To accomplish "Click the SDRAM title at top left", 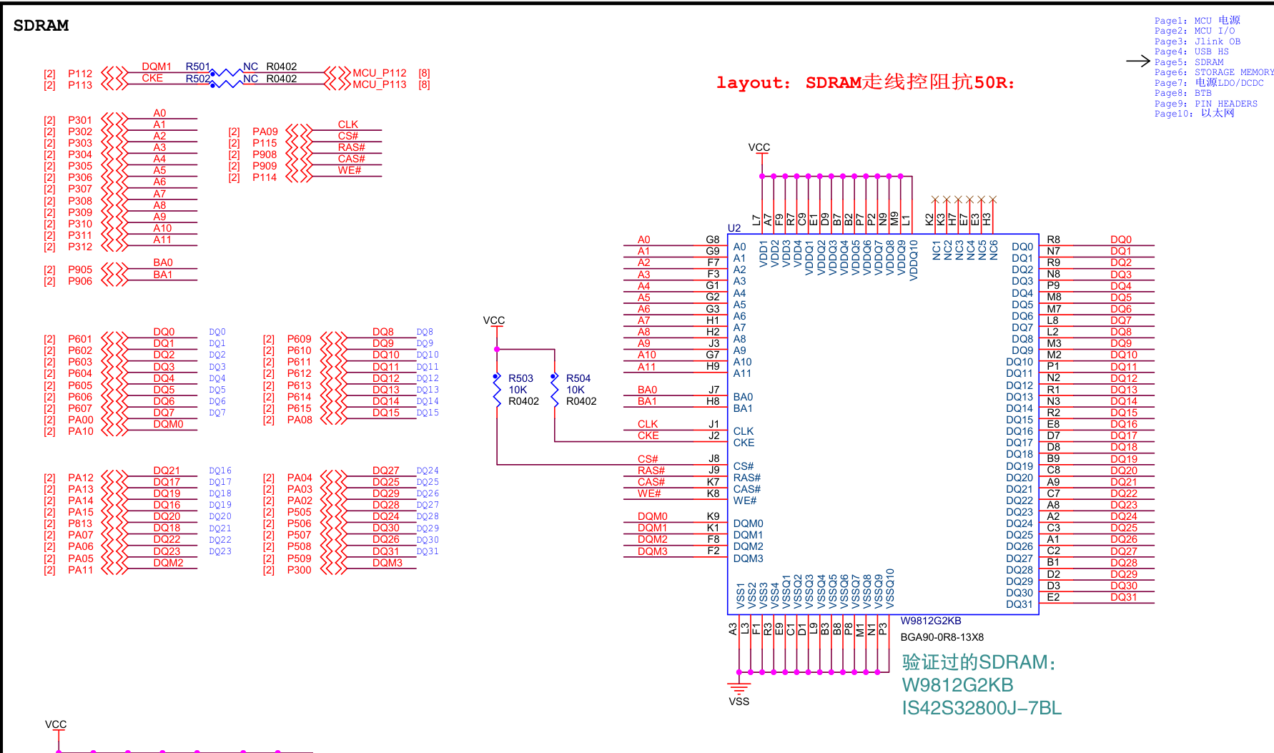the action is (41, 26).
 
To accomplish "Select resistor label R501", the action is (198, 67).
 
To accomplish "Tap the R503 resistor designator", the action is (520, 378).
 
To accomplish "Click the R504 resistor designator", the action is (578, 378).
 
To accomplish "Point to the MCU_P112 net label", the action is (380, 73).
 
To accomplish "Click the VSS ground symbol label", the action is (739, 702).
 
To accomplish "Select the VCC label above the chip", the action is (759, 147).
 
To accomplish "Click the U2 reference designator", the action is (734, 228).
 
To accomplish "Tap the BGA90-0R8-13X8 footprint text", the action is (942, 637).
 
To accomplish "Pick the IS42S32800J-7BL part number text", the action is (982, 708).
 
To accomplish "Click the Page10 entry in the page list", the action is (1194, 114).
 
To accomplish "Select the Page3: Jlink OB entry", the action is (1198, 41).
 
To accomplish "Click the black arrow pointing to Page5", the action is (1137, 61).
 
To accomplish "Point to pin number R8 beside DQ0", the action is (1053, 240).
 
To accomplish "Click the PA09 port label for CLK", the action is (265, 132).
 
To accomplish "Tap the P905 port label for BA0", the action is (80, 270).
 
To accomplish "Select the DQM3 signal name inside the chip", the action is (748, 558).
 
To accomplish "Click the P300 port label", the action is (300, 570).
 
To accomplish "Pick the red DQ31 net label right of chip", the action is (1123, 597).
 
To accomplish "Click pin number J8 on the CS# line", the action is (713, 458).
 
